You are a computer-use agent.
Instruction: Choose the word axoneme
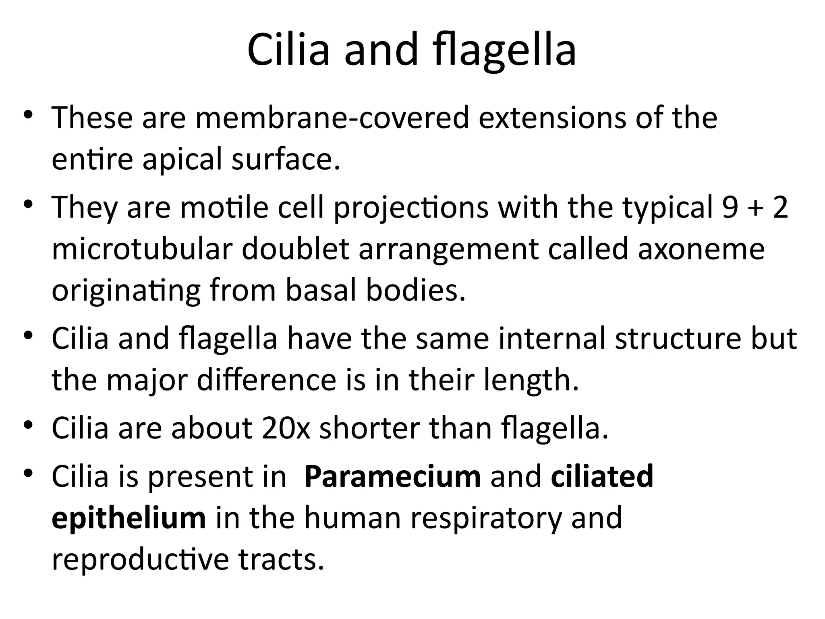coord(701,250)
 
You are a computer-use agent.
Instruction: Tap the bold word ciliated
coord(602,476)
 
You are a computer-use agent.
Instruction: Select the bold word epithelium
coord(129,519)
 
